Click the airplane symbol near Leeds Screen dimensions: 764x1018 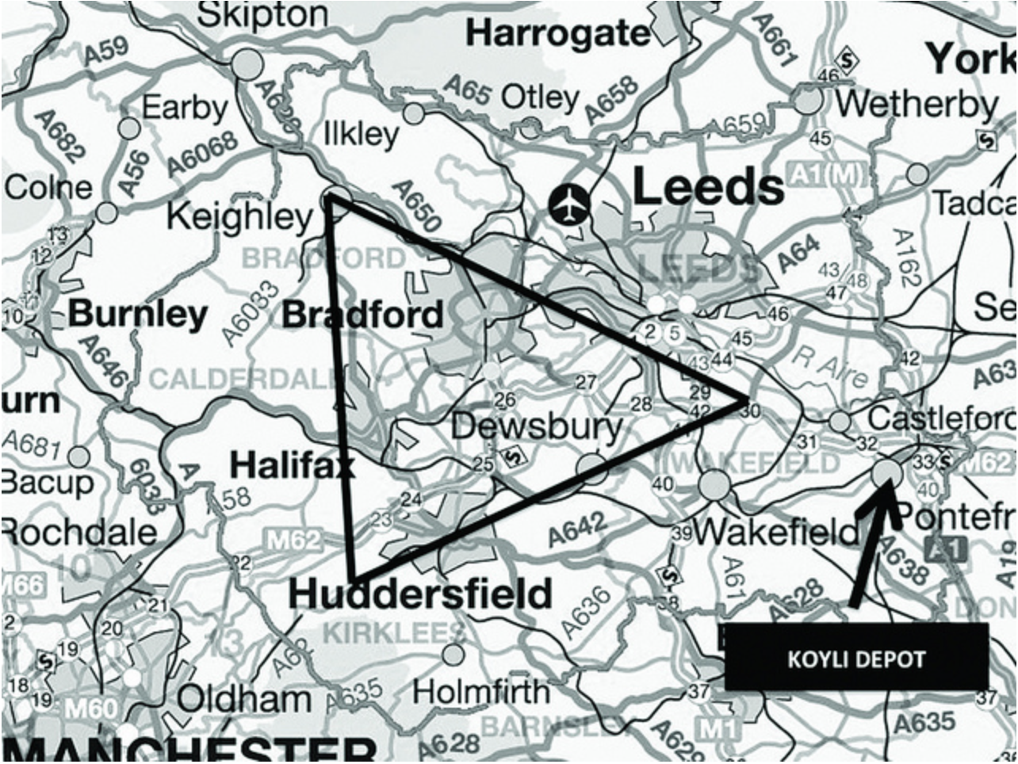tap(569, 204)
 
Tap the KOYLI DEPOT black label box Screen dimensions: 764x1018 tap(856, 656)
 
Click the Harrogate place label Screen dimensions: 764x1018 tap(558, 33)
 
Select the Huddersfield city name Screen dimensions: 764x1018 tap(419, 594)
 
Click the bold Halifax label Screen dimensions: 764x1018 tap(291, 466)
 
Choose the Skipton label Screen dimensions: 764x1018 tap(262, 13)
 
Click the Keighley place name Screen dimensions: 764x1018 tap(240, 216)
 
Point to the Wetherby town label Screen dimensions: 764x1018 tap(917, 104)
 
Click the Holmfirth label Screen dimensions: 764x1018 tap(480, 692)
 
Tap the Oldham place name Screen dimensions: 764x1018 tap(244, 699)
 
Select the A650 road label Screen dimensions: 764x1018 tap(415, 206)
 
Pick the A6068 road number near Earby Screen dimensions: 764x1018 tap(203, 155)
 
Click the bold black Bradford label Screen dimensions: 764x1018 tap(362, 315)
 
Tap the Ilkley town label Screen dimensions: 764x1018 tap(362, 134)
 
